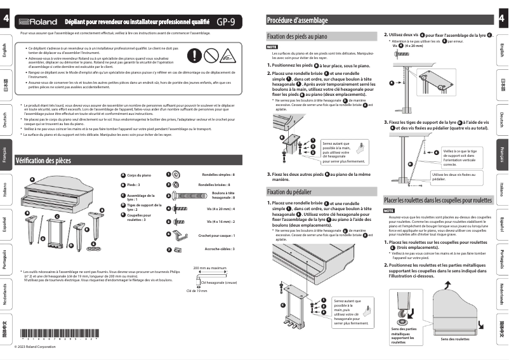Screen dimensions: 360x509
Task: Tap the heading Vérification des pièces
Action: click(x=43, y=161)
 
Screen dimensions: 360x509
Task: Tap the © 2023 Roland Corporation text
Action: click(x=40, y=347)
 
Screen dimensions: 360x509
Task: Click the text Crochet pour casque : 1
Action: click(x=216, y=236)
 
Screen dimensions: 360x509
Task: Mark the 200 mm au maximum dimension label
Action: click(x=209, y=268)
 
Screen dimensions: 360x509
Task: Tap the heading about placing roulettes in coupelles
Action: click(x=438, y=201)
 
